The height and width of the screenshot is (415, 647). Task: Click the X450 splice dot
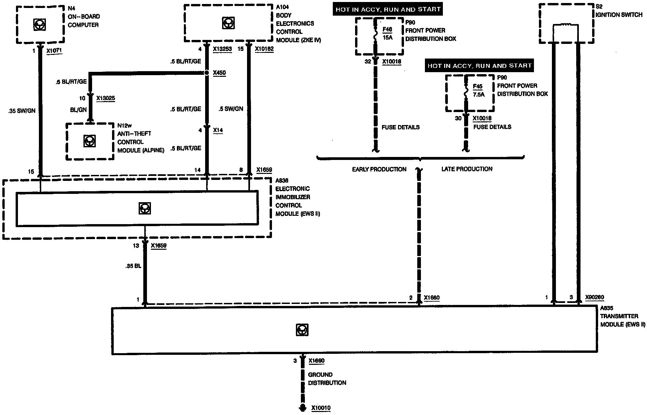coord(206,73)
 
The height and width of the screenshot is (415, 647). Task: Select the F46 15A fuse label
coord(387,34)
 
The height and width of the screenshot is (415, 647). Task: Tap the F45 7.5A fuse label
coord(478,90)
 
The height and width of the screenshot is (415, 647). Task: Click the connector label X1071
coord(54,51)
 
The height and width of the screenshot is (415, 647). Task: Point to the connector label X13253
coord(222,49)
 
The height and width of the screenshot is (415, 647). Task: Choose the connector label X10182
coord(264,49)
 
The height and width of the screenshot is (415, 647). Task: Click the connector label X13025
coord(106,98)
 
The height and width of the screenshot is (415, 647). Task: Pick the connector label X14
coord(218,130)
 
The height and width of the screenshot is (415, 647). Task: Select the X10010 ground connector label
coord(321,408)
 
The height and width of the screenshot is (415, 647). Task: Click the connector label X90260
coord(594,297)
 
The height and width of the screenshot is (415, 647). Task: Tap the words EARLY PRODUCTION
coord(379,169)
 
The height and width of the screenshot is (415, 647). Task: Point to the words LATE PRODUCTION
coord(467,169)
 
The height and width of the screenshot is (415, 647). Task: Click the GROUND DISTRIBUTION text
coord(327,379)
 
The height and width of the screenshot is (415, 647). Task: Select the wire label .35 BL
coord(133,266)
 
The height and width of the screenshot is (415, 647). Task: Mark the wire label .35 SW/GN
coord(22,111)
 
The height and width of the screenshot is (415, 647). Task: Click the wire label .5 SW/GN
coord(231,109)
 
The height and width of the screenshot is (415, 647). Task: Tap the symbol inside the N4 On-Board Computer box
coord(40,24)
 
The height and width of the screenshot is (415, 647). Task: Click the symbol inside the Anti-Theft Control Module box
coord(89,141)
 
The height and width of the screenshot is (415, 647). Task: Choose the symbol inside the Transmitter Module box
coord(302,330)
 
